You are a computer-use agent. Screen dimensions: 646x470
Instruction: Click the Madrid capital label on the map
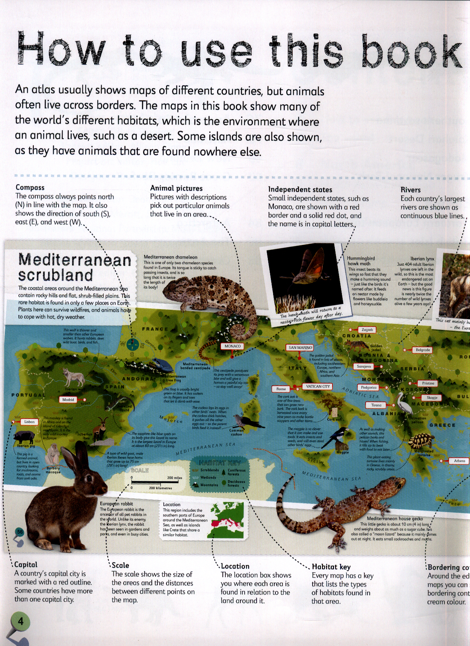68,400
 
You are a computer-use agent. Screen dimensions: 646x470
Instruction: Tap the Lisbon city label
30,422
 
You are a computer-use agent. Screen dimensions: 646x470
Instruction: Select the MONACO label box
233,346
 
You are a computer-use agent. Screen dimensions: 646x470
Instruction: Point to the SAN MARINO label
300,347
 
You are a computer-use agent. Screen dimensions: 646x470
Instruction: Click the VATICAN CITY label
318,386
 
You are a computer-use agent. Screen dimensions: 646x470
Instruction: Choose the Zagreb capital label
367,330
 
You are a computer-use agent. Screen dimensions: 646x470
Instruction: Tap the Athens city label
459,461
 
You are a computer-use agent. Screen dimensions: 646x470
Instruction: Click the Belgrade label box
423,350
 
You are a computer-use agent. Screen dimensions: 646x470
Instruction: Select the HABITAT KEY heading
219,463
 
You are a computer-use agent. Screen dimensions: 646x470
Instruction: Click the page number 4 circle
20,621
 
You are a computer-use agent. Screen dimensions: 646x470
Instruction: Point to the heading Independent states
300,189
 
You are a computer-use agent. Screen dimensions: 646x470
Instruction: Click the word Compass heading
30,187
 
